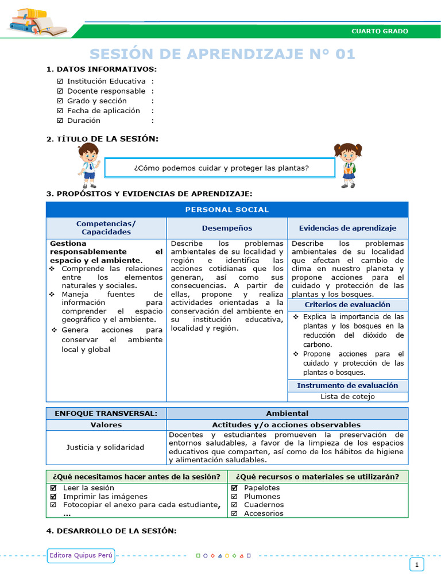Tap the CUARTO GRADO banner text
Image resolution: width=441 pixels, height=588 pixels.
click(x=380, y=31)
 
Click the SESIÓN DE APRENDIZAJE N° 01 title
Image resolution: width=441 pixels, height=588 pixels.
click(x=223, y=54)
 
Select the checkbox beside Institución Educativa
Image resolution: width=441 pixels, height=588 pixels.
click(x=60, y=82)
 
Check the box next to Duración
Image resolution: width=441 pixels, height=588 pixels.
click(x=60, y=121)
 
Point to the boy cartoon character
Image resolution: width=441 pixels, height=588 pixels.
click(x=89, y=165)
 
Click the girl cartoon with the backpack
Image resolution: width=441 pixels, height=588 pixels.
click(x=348, y=165)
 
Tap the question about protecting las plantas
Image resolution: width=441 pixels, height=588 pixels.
click(x=221, y=168)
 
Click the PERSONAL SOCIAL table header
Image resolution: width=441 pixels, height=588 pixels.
click(x=227, y=210)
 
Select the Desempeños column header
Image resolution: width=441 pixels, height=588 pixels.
click(x=227, y=228)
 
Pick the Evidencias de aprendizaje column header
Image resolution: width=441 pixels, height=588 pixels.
click(x=347, y=228)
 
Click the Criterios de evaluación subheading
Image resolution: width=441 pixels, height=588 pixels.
click(x=347, y=305)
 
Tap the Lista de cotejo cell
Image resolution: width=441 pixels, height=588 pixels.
click(x=347, y=396)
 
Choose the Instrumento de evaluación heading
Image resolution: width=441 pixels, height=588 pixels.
click(x=347, y=385)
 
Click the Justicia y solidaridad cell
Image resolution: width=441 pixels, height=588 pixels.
click(x=106, y=447)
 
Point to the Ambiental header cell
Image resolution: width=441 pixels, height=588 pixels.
click(x=287, y=413)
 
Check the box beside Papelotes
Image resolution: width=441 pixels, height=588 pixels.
click(x=234, y=488)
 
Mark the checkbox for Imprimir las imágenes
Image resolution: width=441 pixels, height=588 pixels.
click(x=53, y=497)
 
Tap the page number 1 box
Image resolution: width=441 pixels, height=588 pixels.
click(x=417, y=565)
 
